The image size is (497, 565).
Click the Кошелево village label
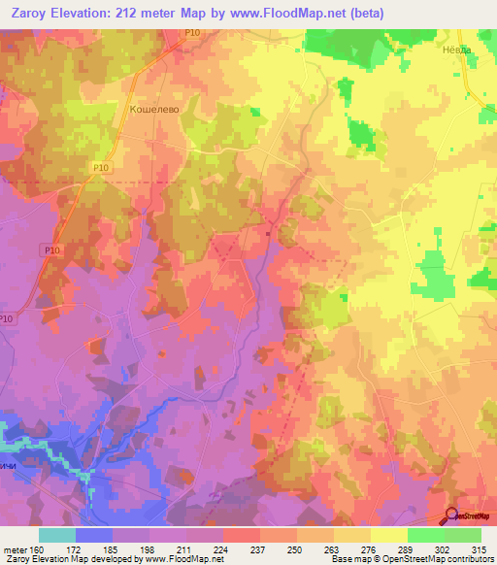(151, 111)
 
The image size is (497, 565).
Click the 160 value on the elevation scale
(35, 548)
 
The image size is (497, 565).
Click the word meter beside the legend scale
(14, 548)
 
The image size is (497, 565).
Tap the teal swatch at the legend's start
(57, 535)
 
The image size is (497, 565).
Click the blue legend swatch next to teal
(94, 535)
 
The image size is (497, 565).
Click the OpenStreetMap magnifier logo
(453, 515)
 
